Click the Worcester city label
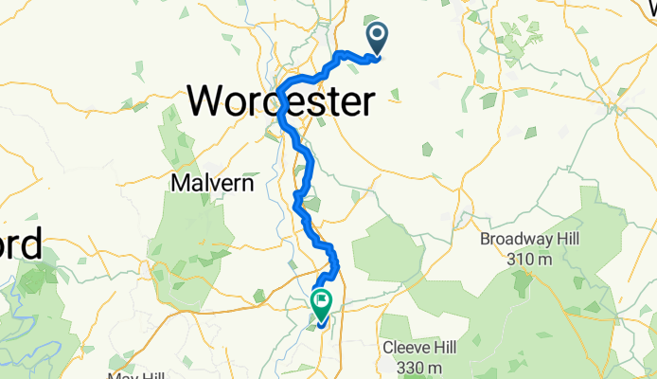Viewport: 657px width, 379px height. click(x=281, y=99)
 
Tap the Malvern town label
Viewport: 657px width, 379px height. click(x=213, y=183)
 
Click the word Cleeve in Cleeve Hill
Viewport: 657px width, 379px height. click(x=404, y=347)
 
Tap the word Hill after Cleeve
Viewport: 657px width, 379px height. click(x=449, y=347)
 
